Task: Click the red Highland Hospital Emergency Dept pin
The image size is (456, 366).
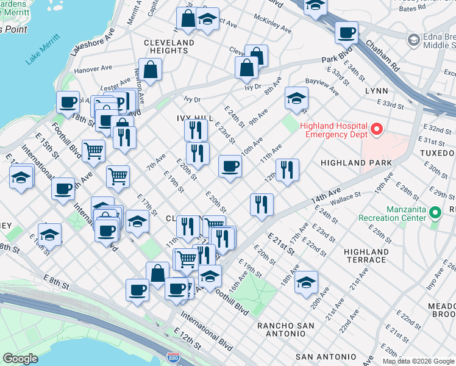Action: (x=377, y=129)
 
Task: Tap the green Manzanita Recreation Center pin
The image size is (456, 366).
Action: (x=435, y=213)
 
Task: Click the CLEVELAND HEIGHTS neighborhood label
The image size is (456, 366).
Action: (x=169, y=46)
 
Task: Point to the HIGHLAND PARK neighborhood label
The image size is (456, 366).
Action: (x=356, y=163)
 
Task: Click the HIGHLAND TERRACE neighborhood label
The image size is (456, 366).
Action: (x=365, y=256)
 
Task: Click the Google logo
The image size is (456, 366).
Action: (x=20, y=359)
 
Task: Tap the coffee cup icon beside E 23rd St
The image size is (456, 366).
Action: (x=230, y=167)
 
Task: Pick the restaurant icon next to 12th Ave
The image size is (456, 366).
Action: (x=287, y=170)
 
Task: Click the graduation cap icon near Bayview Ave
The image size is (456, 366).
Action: (x=296, y=98)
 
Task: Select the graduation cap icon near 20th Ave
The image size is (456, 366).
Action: (x=306, y=282)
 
